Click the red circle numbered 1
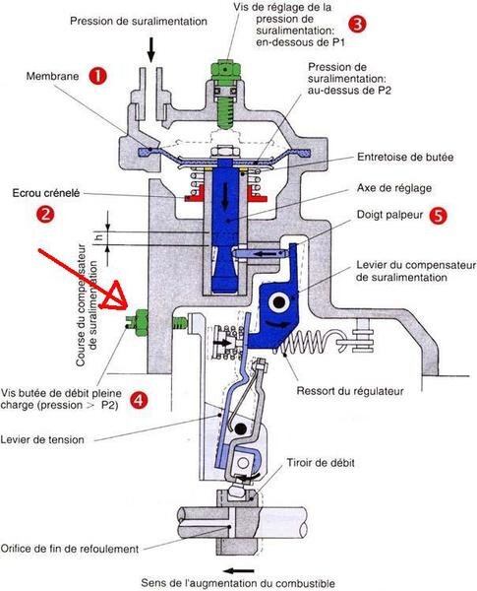coord(97,76)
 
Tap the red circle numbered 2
coord(45,214)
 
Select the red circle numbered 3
coord(357,24)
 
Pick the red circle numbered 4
coord(139,400)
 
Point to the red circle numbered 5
coord(438,216)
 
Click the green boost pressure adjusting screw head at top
coord(225,70)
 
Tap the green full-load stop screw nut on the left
coord(142,323)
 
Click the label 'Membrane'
coord(52,76)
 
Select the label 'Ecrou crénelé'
coord(46,193)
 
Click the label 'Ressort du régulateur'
coord(350,391)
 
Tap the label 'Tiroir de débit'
coord(321,463)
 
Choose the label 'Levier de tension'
coord(42,439)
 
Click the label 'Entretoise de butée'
coord(405,157)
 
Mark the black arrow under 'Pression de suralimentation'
coord(151,49)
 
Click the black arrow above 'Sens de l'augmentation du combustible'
coord(238,570)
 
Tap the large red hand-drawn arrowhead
coord(114,297)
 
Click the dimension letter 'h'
coord(98,237)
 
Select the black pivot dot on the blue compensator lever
coord(279,302)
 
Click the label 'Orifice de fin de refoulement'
coord(70,549)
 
